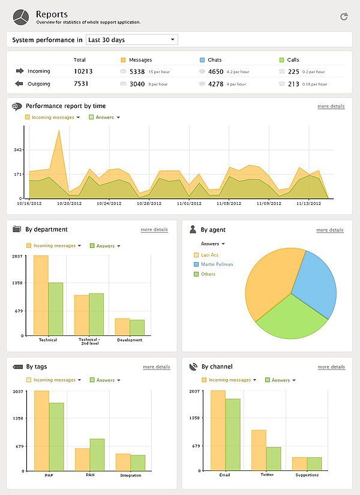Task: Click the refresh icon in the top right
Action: [x=344, y=16]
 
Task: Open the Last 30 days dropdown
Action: [x=131, y=40]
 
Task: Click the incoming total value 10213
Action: [x=83, y=71]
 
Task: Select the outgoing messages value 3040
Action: [x=137, y=84]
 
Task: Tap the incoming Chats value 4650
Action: [x=215, y=71]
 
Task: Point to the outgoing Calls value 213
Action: [x=293, y=84]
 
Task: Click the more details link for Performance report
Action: [x=331, y=106]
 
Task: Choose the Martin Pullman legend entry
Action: [x=217, y=264]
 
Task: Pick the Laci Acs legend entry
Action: [x=209, y=254]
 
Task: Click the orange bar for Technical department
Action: [x=41, y=295]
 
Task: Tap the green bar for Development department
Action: [x=137, y=328]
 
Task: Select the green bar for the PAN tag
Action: [x=97, y=455]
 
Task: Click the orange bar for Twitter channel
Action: [x=259, y=450]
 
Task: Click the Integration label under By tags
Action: [x=131, y=475]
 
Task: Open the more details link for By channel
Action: [x=331, y=367]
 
